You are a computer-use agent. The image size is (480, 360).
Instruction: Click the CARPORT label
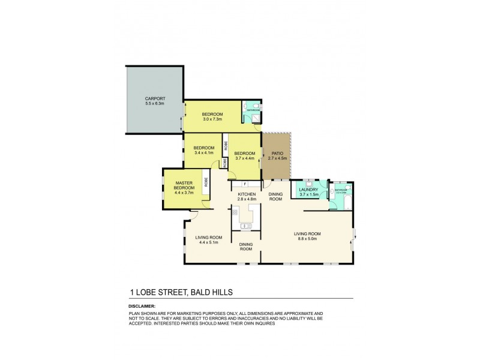(154, 98)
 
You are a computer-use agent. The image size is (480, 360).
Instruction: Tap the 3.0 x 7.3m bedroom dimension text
(212, 119)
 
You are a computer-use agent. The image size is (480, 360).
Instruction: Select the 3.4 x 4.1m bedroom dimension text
(204, 153)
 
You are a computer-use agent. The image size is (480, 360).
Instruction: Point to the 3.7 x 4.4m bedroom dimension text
(244, 158)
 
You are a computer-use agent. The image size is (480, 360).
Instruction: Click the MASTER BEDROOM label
(184, 185)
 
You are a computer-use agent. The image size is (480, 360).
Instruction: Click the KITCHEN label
(247, 194)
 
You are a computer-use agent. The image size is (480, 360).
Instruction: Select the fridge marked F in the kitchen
(245, 183)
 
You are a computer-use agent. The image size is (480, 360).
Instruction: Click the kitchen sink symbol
(245, 226)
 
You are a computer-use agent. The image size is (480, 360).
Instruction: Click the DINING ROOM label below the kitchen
(246, 246)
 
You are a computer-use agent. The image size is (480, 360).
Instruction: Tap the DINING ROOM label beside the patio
(275, 196)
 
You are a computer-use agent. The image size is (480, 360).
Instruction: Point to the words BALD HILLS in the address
(211, 292)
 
